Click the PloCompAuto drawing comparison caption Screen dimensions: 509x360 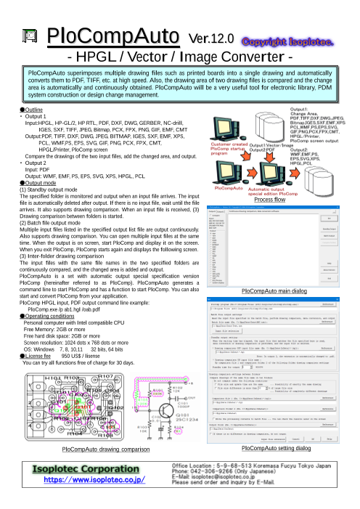(95, 450)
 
